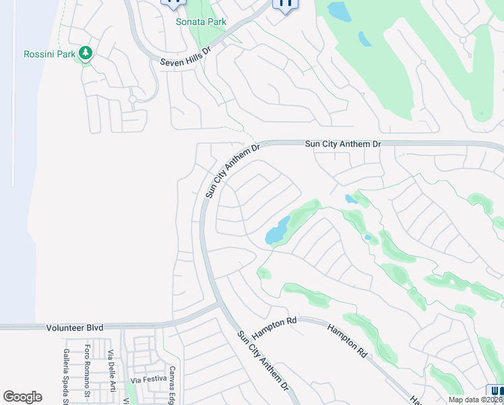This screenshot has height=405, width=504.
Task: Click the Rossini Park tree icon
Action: coord(86,53)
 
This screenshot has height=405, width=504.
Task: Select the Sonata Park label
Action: coord(201,22)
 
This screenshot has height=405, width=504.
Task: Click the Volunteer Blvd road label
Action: coord(75,327)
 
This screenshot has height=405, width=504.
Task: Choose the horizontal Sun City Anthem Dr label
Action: coord(343,144)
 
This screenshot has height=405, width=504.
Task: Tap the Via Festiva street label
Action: coord(148,379)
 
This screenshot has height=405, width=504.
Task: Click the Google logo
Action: coord(22,397)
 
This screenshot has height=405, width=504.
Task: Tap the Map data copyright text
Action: coord(475,400)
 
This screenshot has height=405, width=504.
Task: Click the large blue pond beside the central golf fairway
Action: coord(278,232)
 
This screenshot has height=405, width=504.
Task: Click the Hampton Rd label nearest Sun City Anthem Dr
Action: coord(274,327)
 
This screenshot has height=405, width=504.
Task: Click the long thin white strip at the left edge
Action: coord(13,94)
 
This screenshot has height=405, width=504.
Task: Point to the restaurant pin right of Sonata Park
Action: coord(285,4)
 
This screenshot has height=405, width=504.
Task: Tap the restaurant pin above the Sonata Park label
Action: coord(174,3)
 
